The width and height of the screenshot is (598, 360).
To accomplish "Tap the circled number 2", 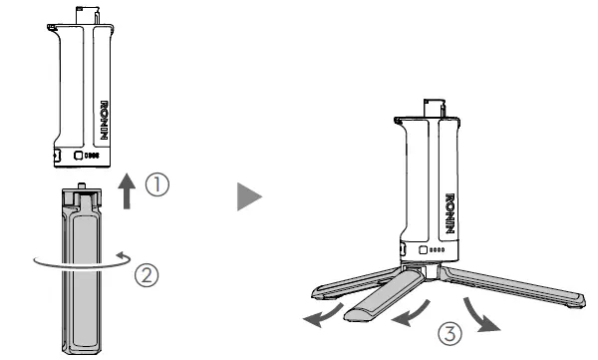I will [148, 271].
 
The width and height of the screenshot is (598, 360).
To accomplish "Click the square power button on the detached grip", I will [79, 156].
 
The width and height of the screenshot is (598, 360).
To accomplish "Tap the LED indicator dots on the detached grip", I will [93, 156].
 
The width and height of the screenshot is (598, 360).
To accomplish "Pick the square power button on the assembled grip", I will [424, 250].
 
